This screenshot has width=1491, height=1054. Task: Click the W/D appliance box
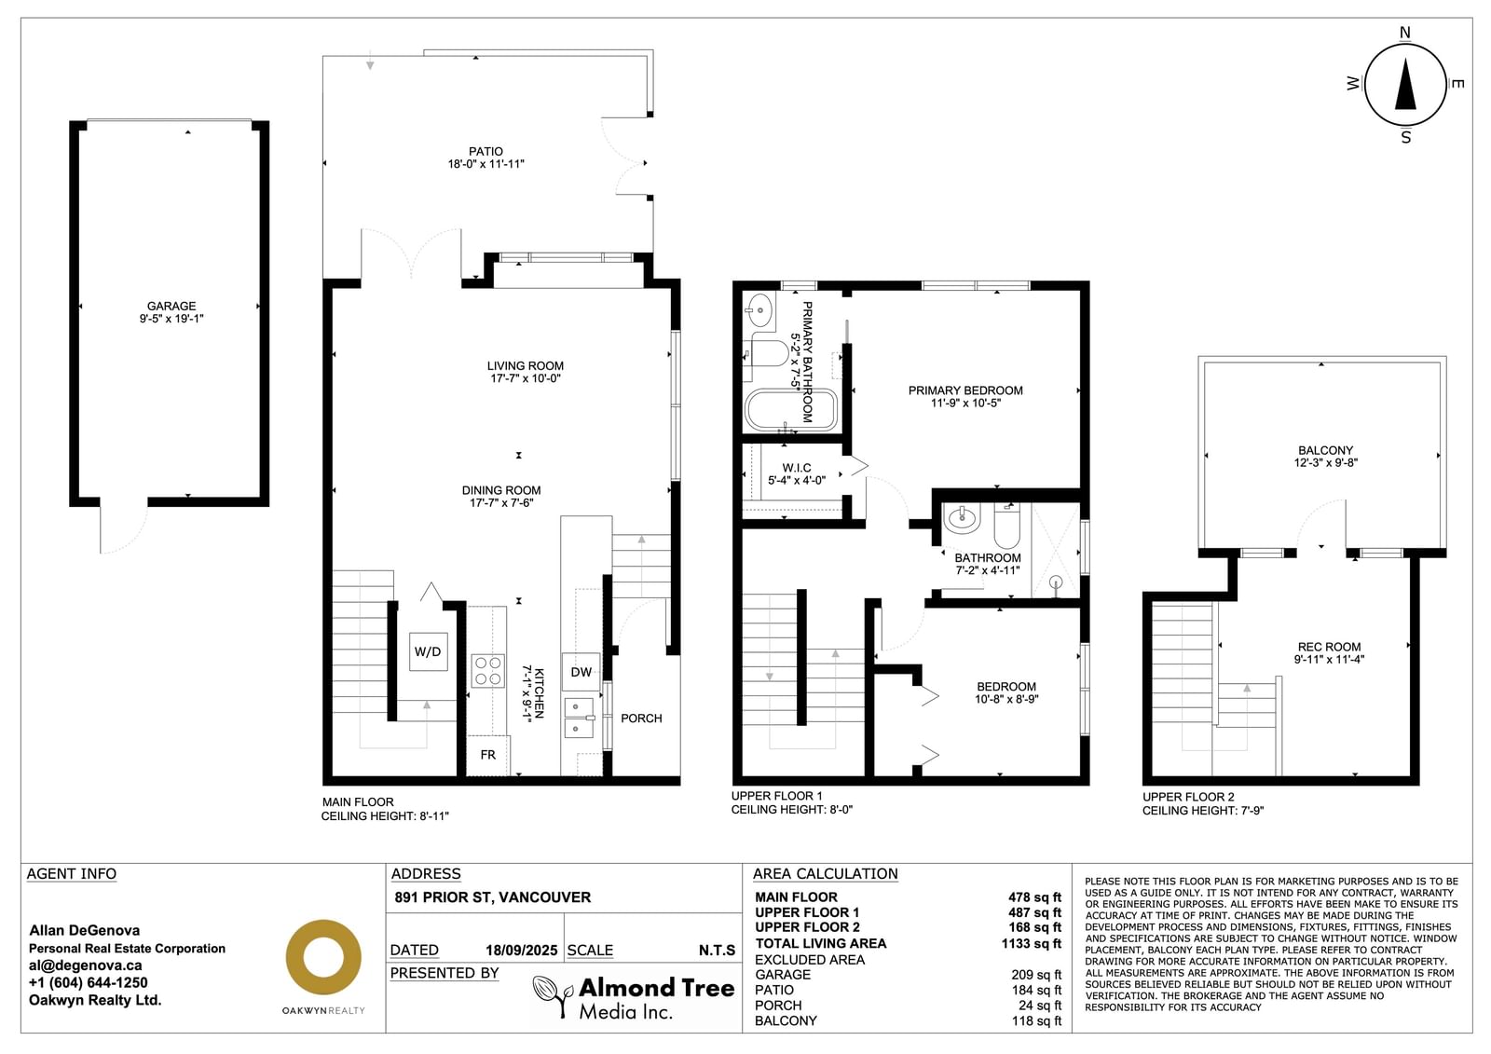pyautogui.click(x=428, y=651)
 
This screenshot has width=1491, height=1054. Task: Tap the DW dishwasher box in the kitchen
pyautogui.click(x=581, y=672)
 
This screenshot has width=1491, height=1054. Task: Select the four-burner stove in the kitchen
pyautogui.click(x=488, y=670)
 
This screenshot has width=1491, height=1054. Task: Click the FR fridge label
pyautogui.click(x=488, y=754)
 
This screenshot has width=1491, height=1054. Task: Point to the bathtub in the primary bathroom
pyautogui.click(x=790, y=410)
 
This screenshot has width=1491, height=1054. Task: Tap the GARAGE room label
pyautogui.click(x=171, y=306)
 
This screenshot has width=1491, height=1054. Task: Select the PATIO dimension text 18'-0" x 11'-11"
pyautogui.click(x=486, y=164)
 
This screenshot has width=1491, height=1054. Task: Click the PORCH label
pyautogui.click(x=641, y=719)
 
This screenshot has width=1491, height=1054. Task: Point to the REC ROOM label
pyautogui.click(x=1329, y=647)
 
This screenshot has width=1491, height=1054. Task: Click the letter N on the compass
pyautogui.click(x=1405, y=33)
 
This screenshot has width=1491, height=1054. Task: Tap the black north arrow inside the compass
pyautogui.click(x=1405, y=84)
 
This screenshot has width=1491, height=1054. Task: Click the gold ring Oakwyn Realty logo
pyautogui.click(x=323, y=957)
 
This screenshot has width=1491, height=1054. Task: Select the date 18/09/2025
pyautogui.click(x=521, y=951)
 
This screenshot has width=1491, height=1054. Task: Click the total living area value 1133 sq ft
pyautogui.click(x=1031, y=943)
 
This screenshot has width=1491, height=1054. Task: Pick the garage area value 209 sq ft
pyautogui.click(x=1036, y=976)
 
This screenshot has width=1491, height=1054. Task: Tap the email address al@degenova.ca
pyautogui.click(x=85, y=965)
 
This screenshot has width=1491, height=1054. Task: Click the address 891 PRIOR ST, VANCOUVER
pyautogui.click(x=493, y=897)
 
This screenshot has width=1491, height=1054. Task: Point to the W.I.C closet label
pyautogui.click(x=797, y=468)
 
